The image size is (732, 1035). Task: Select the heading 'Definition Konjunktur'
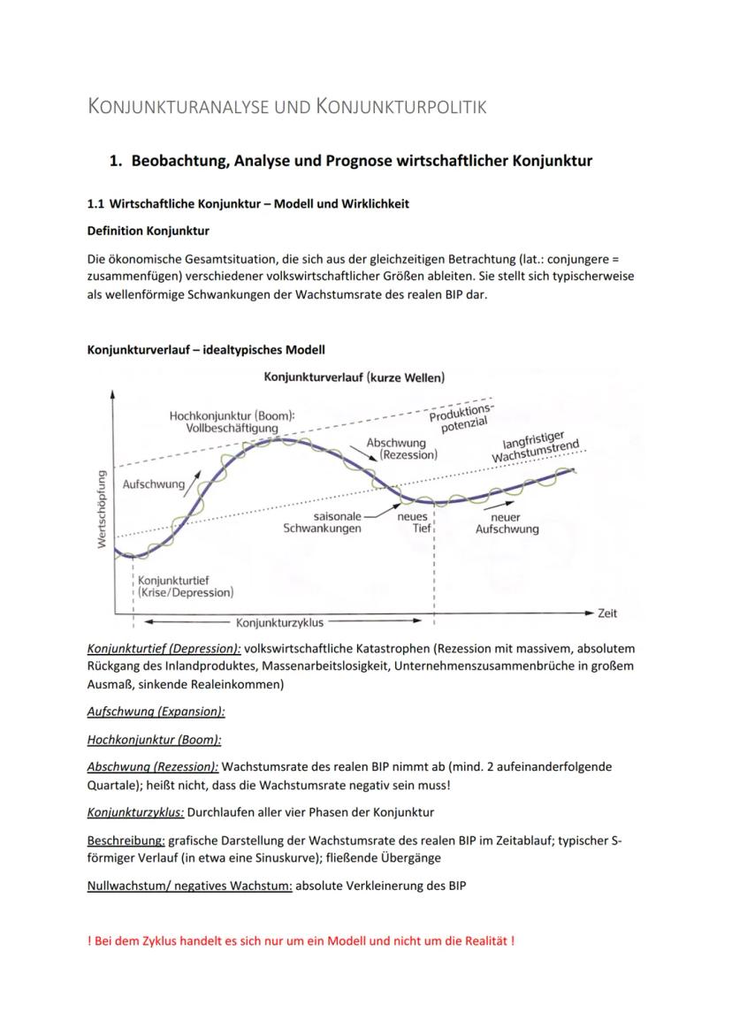[x=149, y=232]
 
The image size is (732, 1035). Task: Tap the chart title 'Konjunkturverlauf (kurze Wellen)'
[x=354, y=377]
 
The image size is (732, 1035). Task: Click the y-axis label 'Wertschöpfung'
[x=103, y=508]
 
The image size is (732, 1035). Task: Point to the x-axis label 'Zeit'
[x=607, y=613]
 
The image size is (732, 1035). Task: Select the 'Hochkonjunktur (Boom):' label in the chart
[x=233, y=415]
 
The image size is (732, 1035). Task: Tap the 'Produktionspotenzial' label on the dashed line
[x=461, y=416]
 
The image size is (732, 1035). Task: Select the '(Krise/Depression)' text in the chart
[x=186, y=592]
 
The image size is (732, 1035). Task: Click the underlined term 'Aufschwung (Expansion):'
[x=156, y=711]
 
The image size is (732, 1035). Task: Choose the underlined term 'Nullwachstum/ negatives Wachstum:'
[x=189, y=886]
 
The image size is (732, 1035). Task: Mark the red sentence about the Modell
[x=301, y=940]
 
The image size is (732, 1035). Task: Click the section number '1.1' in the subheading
[x=96, y=204]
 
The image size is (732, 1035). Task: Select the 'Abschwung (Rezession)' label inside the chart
[x=402, y=448]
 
